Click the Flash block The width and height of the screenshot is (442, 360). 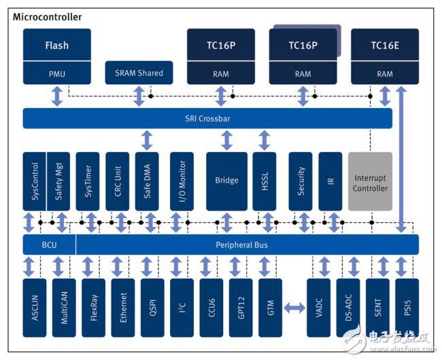57,46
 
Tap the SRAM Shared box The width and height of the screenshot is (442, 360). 139,73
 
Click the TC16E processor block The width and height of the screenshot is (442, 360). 385,46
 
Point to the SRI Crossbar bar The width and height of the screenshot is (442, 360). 207,118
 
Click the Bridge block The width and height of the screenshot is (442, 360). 226,181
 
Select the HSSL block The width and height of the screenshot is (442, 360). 265,181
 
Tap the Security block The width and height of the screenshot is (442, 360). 301,181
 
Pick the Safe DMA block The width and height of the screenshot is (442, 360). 147,181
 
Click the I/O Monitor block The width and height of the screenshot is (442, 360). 182,181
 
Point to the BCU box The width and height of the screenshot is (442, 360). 49,245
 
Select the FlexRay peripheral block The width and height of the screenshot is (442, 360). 93,307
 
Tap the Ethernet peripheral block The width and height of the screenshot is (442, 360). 123,307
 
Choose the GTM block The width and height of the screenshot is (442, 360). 271,307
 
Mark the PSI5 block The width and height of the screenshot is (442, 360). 407,307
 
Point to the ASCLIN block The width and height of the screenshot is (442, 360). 35,307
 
